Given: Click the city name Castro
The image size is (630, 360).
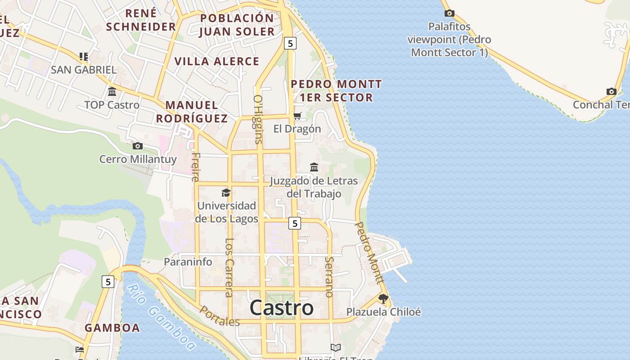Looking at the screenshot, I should point(281,308).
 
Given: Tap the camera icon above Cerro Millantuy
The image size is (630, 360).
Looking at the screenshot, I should point(138,146).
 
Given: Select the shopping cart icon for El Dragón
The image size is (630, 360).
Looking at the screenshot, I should point(297,116).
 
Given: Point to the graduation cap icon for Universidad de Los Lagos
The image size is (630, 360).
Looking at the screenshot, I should point(226,193).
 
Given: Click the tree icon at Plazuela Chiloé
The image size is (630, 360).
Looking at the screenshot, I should point(383,298).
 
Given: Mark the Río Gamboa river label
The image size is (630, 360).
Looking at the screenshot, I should point(161,317).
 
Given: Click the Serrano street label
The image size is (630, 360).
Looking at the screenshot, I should point(329,277).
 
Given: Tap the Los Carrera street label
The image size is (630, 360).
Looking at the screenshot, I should point(229,268).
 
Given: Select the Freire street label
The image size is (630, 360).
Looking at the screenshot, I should point(195,166).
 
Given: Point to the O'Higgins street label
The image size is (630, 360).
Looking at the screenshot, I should point(258,119).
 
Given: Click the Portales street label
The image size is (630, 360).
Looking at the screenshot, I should point(220,316).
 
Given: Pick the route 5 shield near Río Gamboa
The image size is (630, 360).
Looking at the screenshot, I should point(108,282).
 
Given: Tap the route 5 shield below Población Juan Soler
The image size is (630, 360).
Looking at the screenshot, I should point(290,43).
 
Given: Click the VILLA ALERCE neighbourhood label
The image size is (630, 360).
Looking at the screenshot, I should point(217,61).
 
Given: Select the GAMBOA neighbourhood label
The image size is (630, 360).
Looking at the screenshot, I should point(112,328).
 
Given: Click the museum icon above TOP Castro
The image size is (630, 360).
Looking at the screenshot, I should point(112,92).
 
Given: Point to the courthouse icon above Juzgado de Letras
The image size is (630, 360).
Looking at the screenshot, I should point(314,167).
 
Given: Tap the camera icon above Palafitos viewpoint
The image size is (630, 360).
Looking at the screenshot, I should point(449,13).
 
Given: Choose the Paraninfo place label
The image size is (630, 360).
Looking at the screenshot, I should point(188,261).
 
